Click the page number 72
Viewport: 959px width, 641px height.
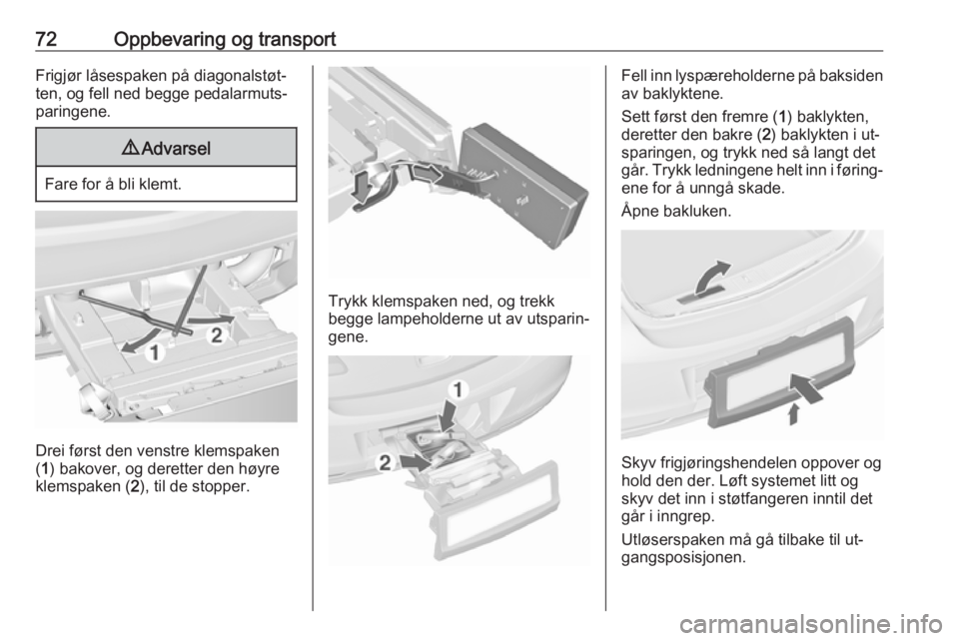46,39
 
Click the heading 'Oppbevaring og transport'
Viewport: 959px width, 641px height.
225,40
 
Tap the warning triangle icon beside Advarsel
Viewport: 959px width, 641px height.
130,148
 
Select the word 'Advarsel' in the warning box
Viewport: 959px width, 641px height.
176,149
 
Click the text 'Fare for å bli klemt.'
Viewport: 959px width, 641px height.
113,184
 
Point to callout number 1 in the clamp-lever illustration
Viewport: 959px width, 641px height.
155,352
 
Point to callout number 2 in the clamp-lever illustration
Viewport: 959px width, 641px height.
217,335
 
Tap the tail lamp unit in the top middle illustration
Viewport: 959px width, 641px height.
521,184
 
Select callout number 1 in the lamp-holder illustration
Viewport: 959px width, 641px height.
459,388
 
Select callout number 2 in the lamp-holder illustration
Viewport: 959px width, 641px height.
385,462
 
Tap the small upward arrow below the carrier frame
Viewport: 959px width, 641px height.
793,413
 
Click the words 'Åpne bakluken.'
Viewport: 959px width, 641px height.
676,212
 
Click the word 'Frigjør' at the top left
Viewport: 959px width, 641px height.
59,77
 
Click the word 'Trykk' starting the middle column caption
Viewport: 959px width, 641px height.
348,302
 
